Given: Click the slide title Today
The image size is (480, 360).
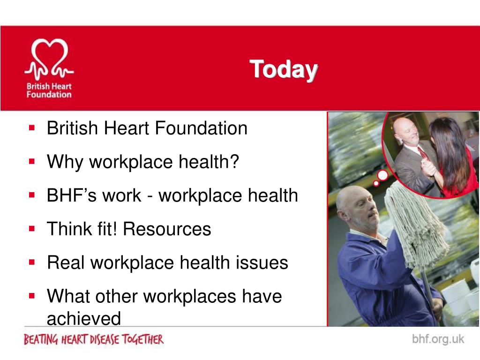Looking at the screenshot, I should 284,69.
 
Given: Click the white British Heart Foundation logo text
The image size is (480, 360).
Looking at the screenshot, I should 49,90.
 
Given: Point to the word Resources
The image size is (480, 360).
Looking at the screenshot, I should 167,229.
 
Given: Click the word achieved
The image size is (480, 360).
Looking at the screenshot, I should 83,319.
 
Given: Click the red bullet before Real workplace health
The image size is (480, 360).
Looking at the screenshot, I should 32,262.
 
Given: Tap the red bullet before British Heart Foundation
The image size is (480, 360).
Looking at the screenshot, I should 32,127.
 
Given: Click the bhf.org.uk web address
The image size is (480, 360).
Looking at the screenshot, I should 438,339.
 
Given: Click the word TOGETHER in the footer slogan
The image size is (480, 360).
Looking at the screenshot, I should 143,339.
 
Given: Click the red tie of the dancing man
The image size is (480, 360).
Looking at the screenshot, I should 423,152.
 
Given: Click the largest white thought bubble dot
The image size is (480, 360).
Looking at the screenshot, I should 383,176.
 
